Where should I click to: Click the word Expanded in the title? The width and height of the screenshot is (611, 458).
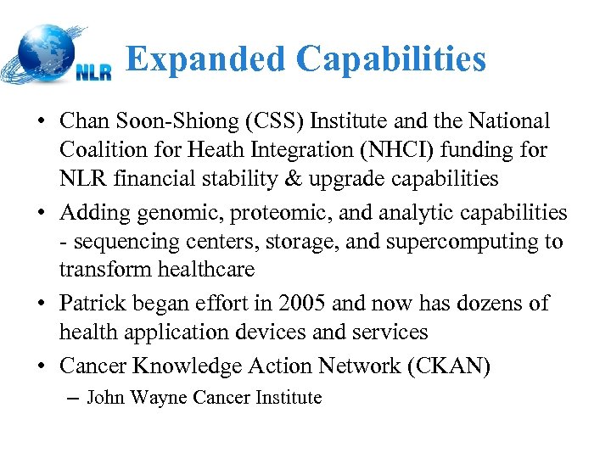(205, 59)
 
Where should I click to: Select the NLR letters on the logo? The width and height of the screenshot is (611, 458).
(93, 72)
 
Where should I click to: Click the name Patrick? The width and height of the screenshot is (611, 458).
(91, 303)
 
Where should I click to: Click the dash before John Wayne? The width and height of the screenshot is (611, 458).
(71, 397)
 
